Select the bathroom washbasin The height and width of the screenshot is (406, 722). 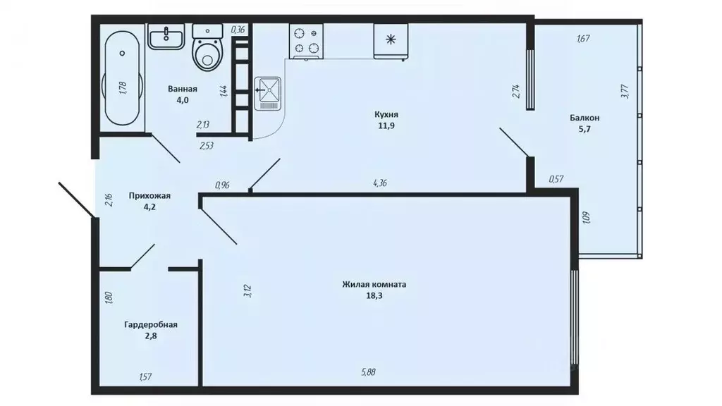pos(166,36)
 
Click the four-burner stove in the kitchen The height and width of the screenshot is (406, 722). pos(305,40)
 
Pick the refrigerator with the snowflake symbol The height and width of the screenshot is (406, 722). pos(389,40)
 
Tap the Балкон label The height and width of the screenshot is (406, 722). pos(585,118)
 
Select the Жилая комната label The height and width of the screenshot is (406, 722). pos(374,285)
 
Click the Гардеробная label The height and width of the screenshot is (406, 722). pos(150,325)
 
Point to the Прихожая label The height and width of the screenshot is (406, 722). pos(149,196)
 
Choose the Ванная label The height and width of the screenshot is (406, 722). pos(182,90)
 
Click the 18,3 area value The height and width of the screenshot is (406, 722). pos(374,296)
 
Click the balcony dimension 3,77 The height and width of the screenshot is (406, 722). pos(625,92)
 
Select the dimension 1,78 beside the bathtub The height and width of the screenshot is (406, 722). pos(123,87)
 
